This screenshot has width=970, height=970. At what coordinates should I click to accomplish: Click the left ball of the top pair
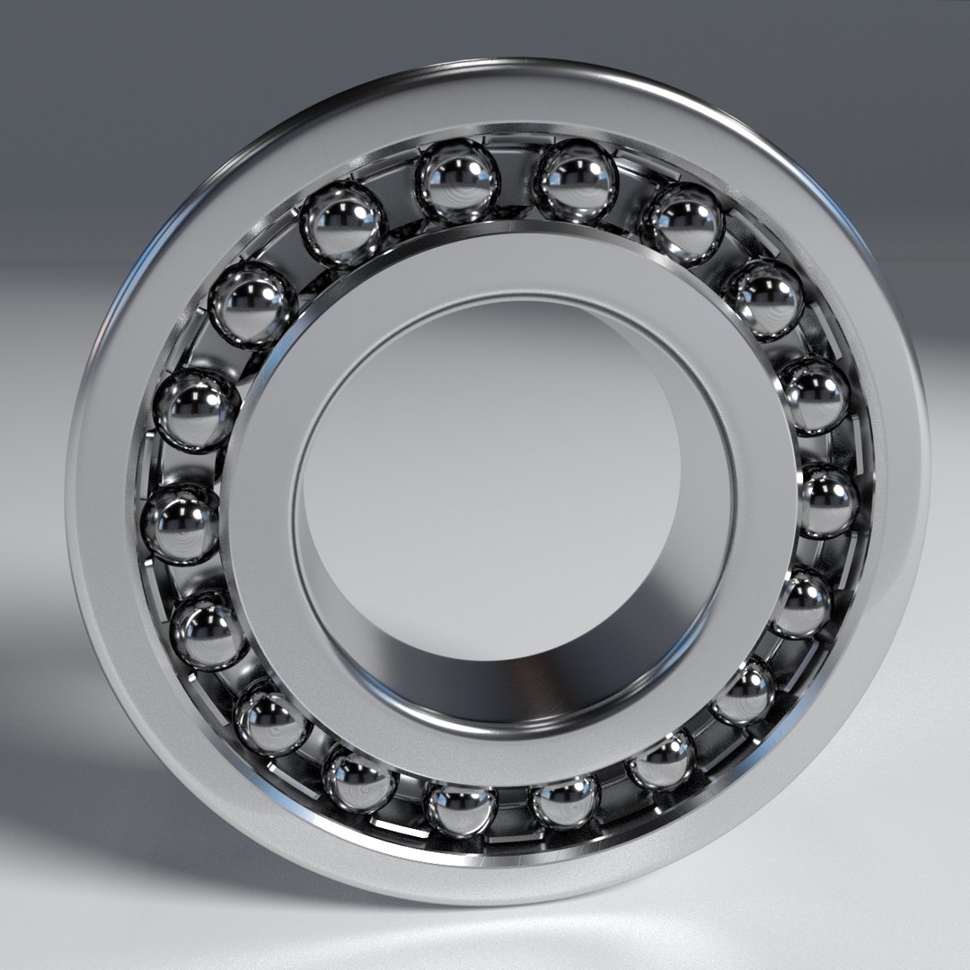(x=458, y=182)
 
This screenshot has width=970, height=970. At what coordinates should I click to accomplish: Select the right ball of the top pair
(x=577, y=183)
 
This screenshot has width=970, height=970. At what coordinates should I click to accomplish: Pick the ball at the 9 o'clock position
(x=181, y=524)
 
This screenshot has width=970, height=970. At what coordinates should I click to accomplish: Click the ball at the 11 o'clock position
(x=342, y=223)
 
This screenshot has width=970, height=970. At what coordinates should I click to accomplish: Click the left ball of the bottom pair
(x=461, y=807)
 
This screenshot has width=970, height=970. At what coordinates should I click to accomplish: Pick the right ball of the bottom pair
(x=565, y=799)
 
